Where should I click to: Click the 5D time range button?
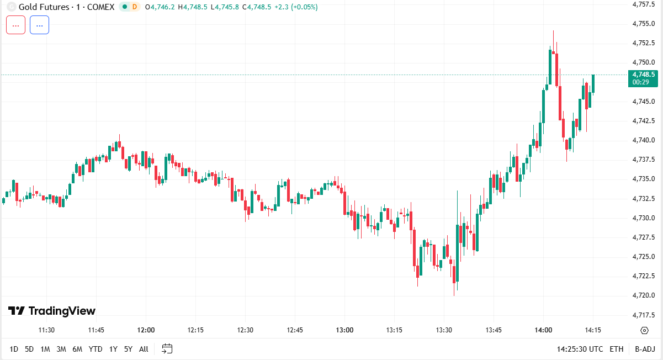pyautogui.click(x=29, y=349)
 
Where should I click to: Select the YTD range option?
pyautogui.click(x=96, y=349)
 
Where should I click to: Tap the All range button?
pyautogui.click(x=144, y=349)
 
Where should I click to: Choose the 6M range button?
pyautogui.click(x=77, y=349)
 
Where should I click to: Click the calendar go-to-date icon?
pyautogui.click(x=167, y=348)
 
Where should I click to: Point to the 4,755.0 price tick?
pyautogui.click(x=643, y=23)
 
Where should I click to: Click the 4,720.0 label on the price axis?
pyautogui.click(x=643, y=295)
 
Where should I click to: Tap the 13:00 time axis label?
pyautogui.click(x=344, y=330)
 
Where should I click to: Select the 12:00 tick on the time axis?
pyautogui.click(x=146, y=330)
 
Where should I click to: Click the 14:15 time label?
pyautogui.click(x=593, y=330)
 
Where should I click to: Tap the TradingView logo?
pyautogui.click(x=52, y=311)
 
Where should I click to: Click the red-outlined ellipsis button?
pyautogui.click(x=15, y=25)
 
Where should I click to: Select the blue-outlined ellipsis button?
pyautogui.click(x=39, y=25)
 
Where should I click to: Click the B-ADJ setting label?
pyautogui.click(x=645, y=349)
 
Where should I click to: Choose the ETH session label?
pyautogui.click(x=617, y=349)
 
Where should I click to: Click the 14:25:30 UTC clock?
pyautogui.click(x=580, y=349)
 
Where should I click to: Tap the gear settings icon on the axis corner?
pyautogui.click(x=644, y=330)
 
